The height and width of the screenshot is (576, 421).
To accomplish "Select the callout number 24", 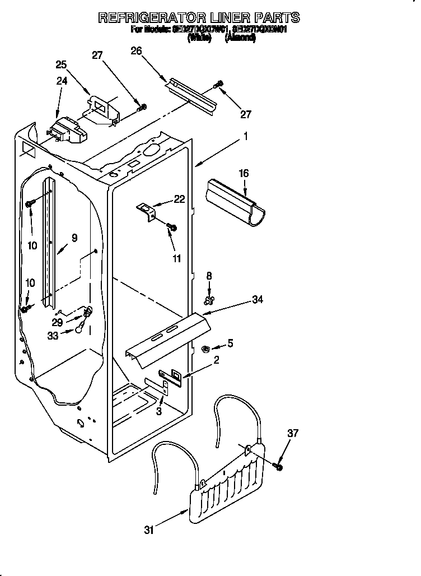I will point(62,81).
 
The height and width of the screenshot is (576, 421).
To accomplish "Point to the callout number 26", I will point(136,52).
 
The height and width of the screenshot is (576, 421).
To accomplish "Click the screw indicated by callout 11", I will point(172,227).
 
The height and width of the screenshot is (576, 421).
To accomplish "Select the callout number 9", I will point(74,238).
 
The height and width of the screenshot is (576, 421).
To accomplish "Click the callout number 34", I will point(258,300).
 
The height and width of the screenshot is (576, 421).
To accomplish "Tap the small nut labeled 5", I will point(205,350).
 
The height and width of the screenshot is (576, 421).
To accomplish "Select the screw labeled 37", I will point(278,466).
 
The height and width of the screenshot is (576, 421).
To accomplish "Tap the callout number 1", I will point(245,136).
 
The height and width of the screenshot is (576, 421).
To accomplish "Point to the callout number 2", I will point(216,360).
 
